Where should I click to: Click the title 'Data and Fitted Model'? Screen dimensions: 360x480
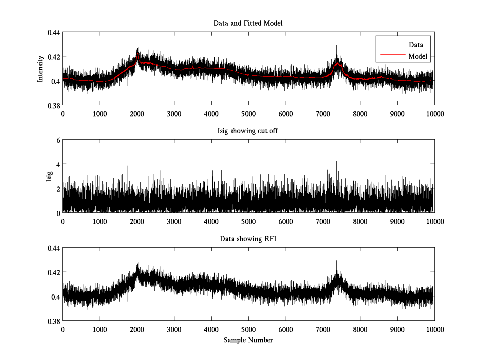[x=248, y=23]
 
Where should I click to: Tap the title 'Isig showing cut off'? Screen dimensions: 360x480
[x=248, y=131]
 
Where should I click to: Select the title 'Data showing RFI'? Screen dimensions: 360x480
[x=248, y=239]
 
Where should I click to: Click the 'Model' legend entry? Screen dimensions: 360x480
[x=418, y=56]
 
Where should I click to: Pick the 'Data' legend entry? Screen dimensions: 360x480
[x=416, y=45]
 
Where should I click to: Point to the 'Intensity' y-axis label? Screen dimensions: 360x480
[x=40, y=68]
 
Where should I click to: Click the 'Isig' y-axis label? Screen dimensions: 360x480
[x=49, y=176]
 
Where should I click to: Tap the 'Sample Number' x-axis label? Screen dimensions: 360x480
[x=248, y=340]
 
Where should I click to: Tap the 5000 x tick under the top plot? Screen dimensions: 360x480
[x=248, y=114]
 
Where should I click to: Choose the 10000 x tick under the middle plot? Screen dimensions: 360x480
[x=434, y=222]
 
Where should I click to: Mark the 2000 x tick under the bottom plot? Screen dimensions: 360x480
[x=137, y=330]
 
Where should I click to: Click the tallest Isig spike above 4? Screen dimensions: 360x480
[x=336, y=162]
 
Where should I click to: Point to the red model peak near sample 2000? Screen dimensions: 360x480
[x=137, y=53]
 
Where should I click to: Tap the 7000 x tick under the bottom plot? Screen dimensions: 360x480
[x=322, y=330]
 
